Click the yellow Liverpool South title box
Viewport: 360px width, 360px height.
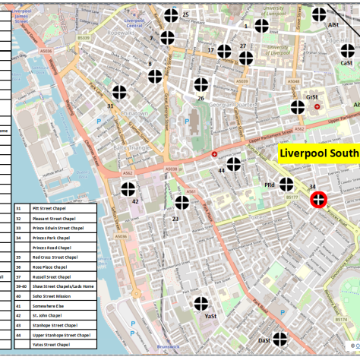pos(317,154)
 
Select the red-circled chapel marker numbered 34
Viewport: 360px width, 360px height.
pos(318,200)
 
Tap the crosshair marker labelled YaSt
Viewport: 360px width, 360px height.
pos(201,304)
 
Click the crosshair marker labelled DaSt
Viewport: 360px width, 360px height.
pos(279,339)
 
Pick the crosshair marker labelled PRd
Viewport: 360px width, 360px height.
pos(286,184)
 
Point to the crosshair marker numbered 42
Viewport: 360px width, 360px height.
pos(129,188)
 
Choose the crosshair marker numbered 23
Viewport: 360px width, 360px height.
pos(182,203)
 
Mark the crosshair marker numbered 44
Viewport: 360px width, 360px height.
pos(234,165)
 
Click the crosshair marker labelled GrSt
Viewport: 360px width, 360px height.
pos(298,107)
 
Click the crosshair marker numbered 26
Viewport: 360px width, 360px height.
pos(201,84)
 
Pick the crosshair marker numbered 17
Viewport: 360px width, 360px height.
pos(224,51)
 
